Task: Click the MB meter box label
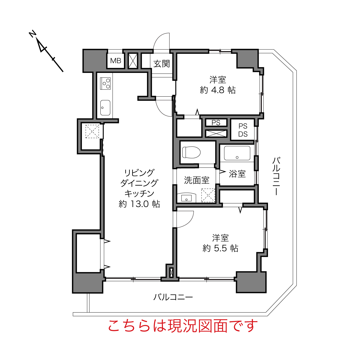116,61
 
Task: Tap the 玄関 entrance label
162,64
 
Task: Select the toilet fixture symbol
191,152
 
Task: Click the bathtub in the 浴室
237,153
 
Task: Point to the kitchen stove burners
105,83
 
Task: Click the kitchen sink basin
105,108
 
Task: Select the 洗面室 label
196,180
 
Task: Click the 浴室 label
237,174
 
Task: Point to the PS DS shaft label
243,130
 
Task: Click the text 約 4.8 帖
218,90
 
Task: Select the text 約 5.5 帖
220,248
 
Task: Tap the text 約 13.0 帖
139,204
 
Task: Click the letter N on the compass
32,34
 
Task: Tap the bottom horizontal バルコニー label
173,297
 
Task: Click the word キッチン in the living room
139,194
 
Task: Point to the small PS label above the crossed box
216,123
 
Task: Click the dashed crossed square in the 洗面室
208,196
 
